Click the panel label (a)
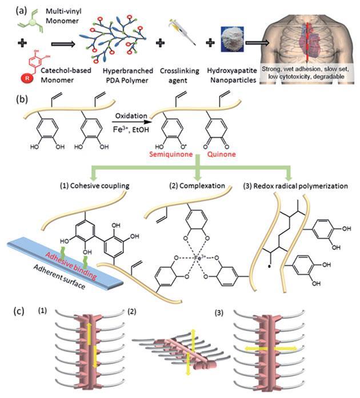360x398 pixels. tap(9, 8)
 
